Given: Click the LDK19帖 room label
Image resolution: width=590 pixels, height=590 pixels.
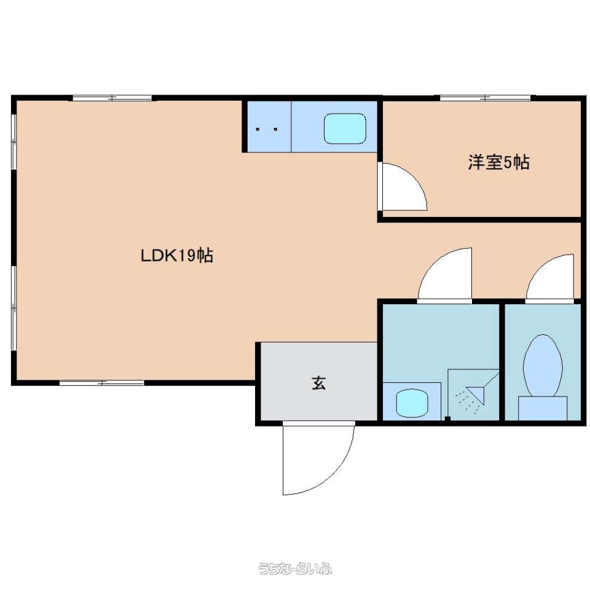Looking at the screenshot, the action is [177, 256].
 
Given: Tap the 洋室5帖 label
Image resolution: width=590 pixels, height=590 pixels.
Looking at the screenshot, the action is [498, 162].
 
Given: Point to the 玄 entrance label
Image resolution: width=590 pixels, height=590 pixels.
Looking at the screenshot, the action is [318, 383].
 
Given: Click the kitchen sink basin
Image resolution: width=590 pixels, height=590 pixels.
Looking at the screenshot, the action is [345, 128].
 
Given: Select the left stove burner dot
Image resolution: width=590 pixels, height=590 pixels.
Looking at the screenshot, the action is [258, 129].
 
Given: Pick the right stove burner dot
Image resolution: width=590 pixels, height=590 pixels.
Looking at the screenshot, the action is [275, 129].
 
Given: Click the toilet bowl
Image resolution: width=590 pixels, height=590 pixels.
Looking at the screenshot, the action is [543, 365].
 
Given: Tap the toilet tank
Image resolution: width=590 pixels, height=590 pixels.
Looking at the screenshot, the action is [543, 408].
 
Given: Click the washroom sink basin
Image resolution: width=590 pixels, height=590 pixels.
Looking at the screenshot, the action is [412, 403].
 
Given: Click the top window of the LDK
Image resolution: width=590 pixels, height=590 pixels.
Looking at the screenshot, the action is [112, 98].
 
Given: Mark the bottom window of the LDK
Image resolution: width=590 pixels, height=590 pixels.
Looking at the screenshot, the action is [101, 383].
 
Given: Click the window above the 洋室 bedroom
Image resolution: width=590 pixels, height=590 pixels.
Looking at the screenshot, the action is [486, 98].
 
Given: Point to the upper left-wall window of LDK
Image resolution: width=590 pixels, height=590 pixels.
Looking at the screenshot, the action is [14, 142].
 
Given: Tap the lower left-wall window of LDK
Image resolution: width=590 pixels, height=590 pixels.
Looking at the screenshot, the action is [14, 309].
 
